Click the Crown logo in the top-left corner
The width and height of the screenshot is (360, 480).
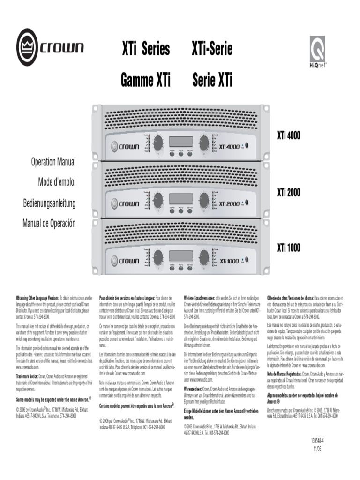tap(50, 47)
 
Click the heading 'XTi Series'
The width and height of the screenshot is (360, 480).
tap(146, 49)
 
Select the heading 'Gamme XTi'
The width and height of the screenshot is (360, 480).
tap(146, 81)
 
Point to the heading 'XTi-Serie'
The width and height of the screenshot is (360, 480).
tap(212, 49)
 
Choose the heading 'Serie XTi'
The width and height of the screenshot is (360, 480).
tap(212, 81)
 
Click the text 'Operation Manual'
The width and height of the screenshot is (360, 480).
tap(53, 162)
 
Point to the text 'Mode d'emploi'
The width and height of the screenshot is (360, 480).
tap(57, 182)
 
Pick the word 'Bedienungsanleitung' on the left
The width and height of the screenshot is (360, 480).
tap(49, 203)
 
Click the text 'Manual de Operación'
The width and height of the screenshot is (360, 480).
tap(49, 223)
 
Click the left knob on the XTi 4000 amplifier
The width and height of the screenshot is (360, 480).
tap(158, 142)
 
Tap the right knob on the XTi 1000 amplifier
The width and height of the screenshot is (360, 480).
tap(204, 256)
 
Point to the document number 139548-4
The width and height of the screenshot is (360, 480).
tap(317, 441)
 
